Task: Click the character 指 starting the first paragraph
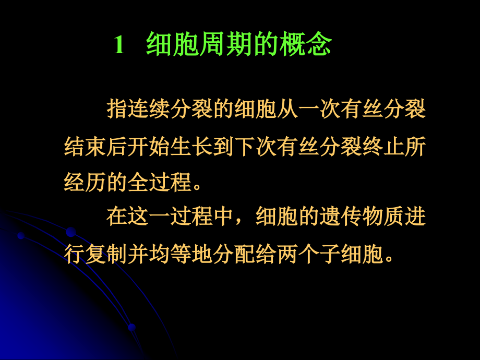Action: point(117,110)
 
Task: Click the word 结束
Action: point(85,147)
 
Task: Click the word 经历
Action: point(85,182)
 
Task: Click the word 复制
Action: point(106,254)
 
